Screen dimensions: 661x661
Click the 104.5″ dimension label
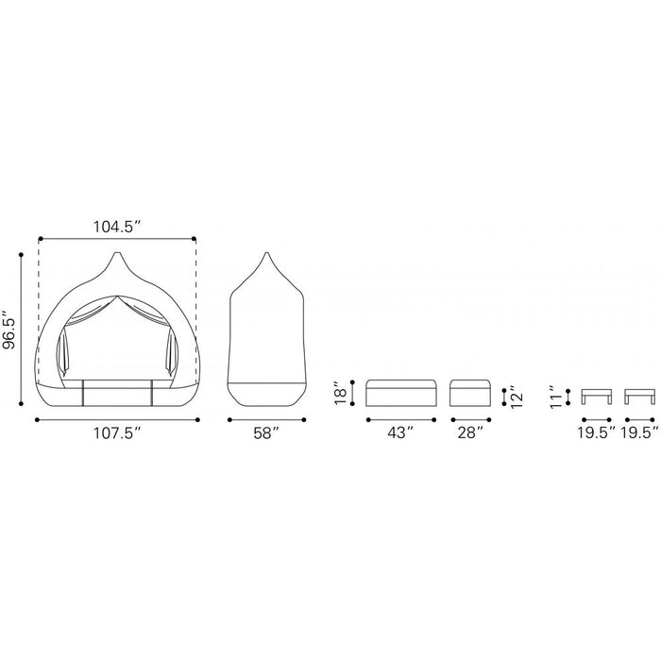point(116,227)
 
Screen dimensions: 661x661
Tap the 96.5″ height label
point(8,330)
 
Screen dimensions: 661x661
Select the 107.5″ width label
point(117,432)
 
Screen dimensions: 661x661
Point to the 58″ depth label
point(266,432)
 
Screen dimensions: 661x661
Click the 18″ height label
point(341,394)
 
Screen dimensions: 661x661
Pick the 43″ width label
point(400,432)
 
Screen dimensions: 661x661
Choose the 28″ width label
point(470,432)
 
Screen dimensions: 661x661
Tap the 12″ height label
point(517,397)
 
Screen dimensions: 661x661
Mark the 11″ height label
point(556,397)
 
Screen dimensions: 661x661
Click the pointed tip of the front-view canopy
point(118,253)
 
